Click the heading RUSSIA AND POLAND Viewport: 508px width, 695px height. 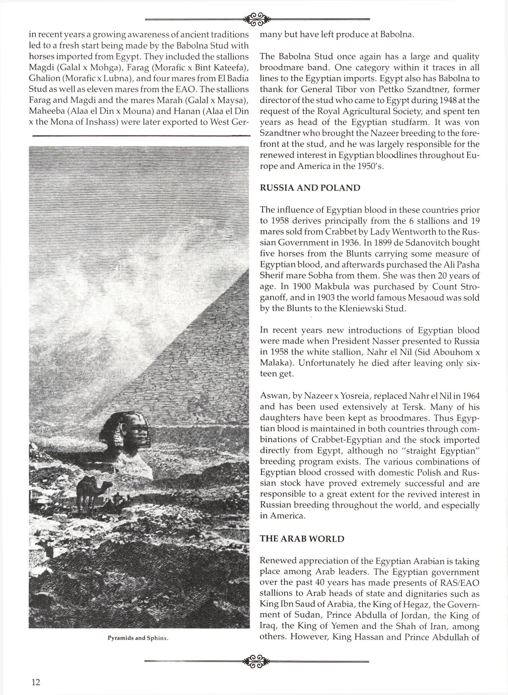310,188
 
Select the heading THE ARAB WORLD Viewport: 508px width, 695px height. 302,539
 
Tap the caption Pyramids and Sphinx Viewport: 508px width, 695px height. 138,638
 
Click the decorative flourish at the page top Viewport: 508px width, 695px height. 257,19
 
